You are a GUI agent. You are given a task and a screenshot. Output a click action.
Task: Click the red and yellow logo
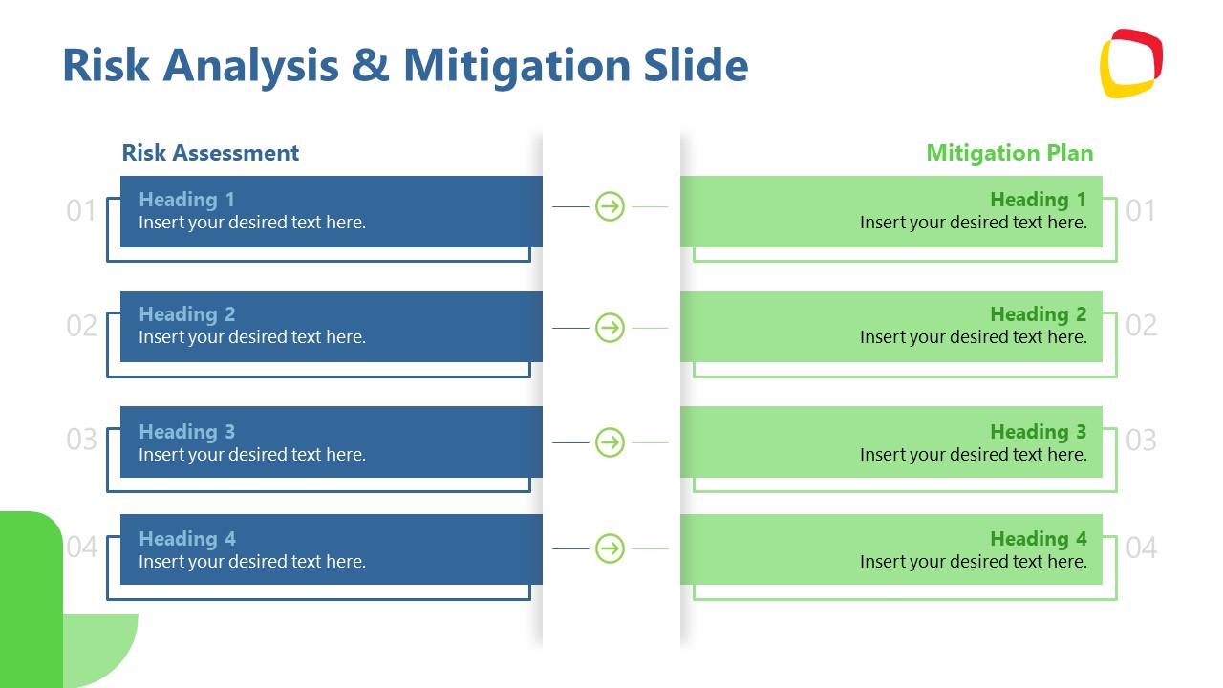(1130, 63)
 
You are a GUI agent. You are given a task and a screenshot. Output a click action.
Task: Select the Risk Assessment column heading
(210, 153)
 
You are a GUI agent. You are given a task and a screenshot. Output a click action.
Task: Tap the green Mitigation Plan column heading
(1009, 153)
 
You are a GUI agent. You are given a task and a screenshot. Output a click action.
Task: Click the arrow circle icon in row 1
(610, 206)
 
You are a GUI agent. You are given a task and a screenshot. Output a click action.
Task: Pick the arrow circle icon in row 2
(610, 328)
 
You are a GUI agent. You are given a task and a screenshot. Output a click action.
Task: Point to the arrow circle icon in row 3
(610, 442)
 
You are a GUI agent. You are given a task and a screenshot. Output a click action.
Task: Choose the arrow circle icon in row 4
(610, 548)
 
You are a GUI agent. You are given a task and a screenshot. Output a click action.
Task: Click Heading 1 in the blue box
(186, 200)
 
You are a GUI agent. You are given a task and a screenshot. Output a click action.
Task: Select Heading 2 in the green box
(1038, 314)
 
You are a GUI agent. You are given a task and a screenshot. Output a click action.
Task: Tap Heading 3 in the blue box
(186, 432)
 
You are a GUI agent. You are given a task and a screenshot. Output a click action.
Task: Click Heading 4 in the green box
(1038, 539)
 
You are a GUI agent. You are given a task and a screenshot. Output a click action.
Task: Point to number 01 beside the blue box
(81, 211)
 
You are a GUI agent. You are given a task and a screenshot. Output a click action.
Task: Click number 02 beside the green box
(1141, 326)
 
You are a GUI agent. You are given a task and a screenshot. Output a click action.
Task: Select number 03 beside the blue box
(81, 441)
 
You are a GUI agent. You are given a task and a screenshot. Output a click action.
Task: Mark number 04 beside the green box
(1141, 548)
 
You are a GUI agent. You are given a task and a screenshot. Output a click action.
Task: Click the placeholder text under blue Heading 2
(252, 337)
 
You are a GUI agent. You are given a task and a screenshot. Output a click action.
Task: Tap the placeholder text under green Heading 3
(973, 455)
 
